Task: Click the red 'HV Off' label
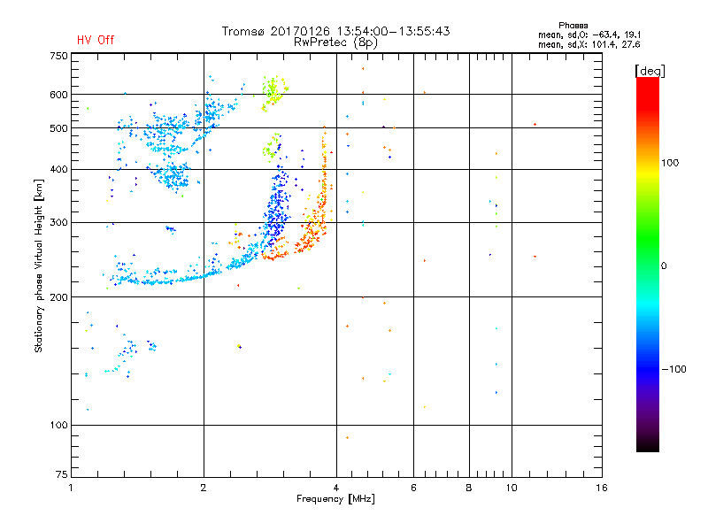point(95,40)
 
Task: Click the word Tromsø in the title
point(244,31)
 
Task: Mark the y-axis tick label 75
point(60,478)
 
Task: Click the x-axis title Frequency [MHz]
point(336,500)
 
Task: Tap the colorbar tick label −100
point(674,369)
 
